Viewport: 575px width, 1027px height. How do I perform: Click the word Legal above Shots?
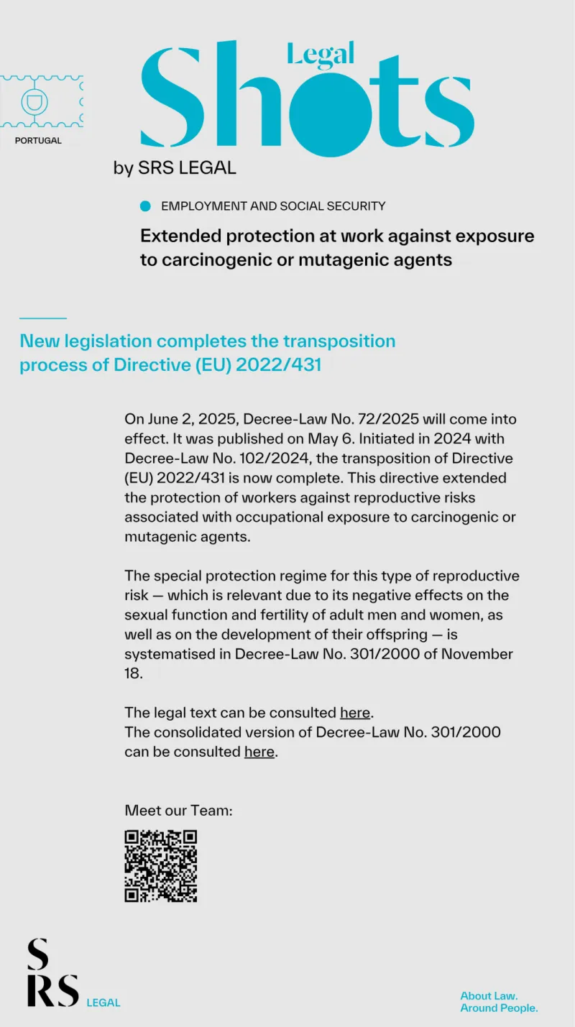[321, 53]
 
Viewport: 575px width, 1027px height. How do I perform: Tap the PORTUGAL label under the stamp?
[38, 141]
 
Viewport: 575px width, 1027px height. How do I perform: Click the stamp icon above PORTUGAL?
[42, 101]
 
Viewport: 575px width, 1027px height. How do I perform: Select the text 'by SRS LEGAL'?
[175, 168]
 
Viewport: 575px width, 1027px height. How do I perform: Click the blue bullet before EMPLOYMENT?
[146, 206]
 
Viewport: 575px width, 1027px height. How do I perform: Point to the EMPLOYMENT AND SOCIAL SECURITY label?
[273, 206]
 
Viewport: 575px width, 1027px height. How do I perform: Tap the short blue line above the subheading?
[42, 318]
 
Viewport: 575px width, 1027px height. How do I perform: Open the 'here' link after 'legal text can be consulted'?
[355, 713]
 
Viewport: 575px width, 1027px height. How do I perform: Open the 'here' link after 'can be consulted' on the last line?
[259, 752]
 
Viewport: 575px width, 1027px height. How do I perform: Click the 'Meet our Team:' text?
[179, 810]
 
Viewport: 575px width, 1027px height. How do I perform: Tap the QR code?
[161, 866]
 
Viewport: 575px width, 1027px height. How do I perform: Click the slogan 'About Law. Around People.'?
[499, 1002]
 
